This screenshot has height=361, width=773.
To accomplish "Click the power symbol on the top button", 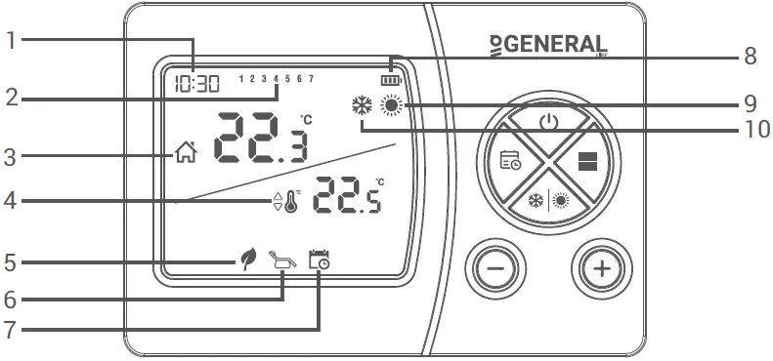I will [549, 122].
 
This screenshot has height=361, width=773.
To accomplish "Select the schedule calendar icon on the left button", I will [510, 162].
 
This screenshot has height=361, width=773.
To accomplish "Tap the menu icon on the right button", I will [587, 163].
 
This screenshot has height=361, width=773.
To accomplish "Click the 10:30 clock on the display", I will [191, 84].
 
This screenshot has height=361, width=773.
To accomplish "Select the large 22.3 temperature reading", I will [260, 139].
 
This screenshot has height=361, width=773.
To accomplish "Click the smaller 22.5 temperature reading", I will [347, 199].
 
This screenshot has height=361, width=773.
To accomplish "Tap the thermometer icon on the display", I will [289, 202].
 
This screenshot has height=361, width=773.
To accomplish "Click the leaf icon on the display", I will [248, 260].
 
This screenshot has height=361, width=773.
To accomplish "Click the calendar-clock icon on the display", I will [319, 260].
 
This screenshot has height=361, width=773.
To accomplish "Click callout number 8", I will [750, 56].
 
